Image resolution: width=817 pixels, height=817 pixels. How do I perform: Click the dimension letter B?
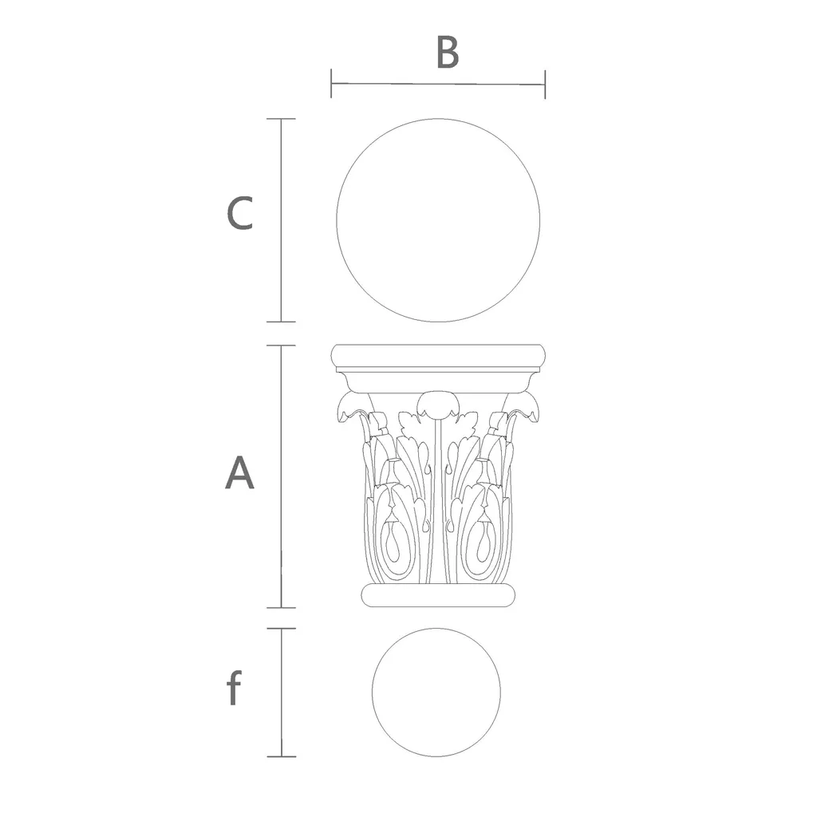448,52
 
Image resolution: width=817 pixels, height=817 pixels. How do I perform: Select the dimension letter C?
239,213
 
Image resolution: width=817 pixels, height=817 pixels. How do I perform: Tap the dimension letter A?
239,472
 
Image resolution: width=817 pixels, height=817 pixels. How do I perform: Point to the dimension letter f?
234,688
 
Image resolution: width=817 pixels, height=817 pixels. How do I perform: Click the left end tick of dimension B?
331,83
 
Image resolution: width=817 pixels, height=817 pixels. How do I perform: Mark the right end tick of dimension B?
545,85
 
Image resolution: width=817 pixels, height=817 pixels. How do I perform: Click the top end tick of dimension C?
282,119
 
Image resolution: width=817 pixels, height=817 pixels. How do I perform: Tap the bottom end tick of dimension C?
282,322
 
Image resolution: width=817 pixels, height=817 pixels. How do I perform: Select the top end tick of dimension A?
282,345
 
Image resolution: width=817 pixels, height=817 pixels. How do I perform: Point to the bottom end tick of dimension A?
282,607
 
